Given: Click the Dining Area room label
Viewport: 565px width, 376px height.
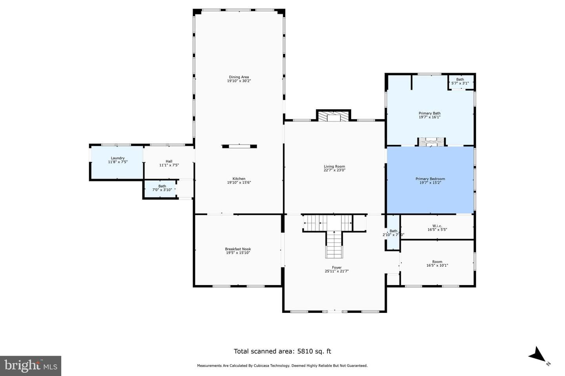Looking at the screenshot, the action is coord(239,77).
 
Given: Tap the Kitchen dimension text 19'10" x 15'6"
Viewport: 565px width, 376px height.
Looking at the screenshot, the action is coord(239,183).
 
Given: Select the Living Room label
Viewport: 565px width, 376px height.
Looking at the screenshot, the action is coord(334,166).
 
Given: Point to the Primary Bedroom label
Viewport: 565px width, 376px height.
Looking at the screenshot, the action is coord(430,179).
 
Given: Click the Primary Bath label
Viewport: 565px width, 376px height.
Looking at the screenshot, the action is coord(430,113).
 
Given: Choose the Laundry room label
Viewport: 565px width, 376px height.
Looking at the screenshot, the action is coord(118,158).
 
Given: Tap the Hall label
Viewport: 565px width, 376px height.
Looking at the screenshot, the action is coord(169,161).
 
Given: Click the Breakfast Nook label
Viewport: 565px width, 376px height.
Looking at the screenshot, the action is coord(238,249).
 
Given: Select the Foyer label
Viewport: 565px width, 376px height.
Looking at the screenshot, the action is coord(337,268).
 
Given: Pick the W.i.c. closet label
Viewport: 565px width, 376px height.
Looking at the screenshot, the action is coord(437,226).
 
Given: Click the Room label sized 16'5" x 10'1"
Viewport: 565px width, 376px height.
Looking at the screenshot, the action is coord(437,262).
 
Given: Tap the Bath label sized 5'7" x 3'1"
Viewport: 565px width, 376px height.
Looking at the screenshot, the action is coord(460,80).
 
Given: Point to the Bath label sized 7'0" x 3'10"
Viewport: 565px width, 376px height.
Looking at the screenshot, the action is coord(162,186).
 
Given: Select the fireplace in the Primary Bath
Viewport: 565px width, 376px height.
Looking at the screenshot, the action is coord(431,142).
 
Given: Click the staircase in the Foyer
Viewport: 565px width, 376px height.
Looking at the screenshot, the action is coord(334,237).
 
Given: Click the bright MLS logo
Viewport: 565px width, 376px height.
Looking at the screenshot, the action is coord(31,366).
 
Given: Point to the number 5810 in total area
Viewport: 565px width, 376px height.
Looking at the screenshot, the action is coord(305,351).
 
